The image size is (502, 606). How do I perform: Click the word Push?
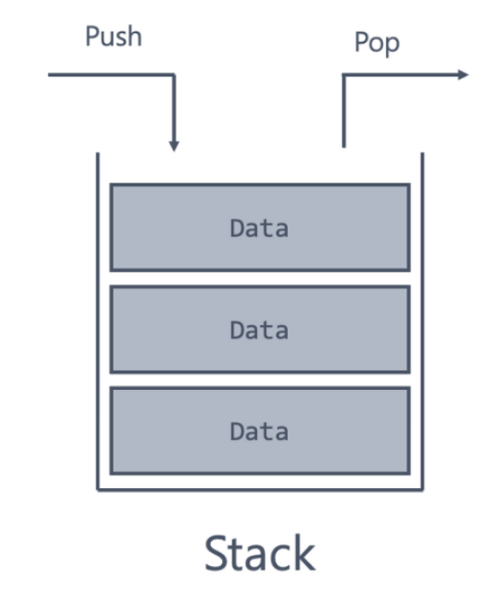114,36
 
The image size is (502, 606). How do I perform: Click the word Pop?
376,44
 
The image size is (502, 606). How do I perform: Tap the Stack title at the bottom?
260,553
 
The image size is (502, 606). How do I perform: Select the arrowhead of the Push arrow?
174,146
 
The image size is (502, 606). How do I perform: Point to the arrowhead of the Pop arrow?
463,74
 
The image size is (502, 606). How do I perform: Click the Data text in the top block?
259,228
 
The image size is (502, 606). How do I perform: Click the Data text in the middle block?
259,330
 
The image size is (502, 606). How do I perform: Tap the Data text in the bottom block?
259,431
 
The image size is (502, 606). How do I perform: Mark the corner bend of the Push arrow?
174,74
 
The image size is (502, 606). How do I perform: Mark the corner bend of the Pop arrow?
344,75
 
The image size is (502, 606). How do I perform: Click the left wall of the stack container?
98,322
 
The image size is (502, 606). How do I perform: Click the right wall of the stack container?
423,322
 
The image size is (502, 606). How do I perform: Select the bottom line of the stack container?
260,490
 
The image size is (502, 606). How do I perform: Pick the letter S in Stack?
216,553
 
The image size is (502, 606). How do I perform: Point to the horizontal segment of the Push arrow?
111,74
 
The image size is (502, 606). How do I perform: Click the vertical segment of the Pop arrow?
344,111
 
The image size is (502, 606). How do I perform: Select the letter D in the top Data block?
236,228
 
